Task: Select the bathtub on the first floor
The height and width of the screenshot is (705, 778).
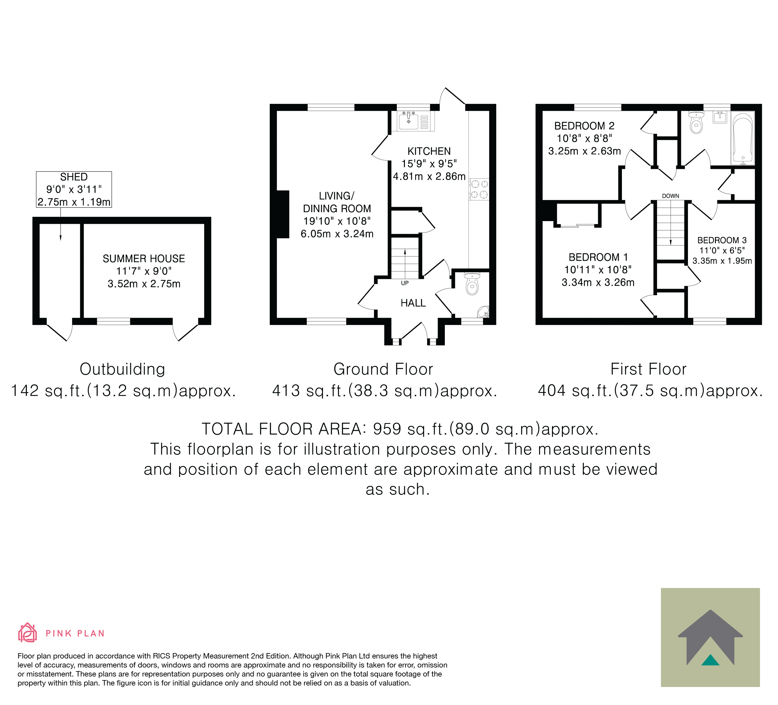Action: [743, 138]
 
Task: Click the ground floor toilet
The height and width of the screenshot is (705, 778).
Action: [472, 283]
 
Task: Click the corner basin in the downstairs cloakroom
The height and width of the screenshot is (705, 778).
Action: [484, 312]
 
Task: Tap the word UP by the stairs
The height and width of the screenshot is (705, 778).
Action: [405, 283]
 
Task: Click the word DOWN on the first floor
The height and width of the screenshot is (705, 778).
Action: [671, 196]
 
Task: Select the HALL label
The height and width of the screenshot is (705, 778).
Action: [413, 303]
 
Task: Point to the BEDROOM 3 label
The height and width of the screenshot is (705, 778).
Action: [722, 240]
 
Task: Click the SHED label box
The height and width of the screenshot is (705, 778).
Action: [74, 189]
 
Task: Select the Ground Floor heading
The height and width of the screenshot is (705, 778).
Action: [383, 369]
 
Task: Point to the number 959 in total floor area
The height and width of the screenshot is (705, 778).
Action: [387, 429]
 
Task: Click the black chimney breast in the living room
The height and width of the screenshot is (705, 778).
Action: [283, 214]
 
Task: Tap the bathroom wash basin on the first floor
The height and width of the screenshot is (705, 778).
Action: [720, 117]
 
